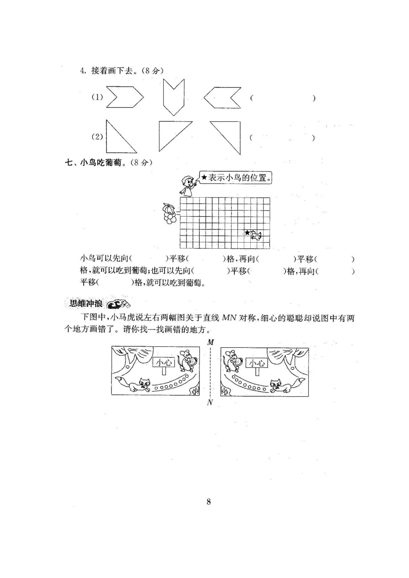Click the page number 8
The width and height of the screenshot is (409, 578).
click(209, 502)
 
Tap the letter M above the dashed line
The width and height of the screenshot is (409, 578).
click(211, 342)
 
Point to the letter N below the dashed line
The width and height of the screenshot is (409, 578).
click(210, 403)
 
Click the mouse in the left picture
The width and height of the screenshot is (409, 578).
click(187, 361)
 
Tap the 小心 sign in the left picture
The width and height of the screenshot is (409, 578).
click(164, 363)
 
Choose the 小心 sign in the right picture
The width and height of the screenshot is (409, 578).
click(257, 364)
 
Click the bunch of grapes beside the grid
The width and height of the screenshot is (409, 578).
click(170, 213)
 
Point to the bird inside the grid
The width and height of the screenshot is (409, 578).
click(256, 236)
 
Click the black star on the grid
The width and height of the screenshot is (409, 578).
click(247, 233)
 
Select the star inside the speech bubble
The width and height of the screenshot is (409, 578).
click(204, 177)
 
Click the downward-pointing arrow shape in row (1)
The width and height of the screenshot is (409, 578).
click(174, 97)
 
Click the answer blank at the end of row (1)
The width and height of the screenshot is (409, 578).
click(283, 98)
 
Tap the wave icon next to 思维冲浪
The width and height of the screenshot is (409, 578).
click(118, 304)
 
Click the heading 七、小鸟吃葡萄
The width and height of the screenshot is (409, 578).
click(95, 163)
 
